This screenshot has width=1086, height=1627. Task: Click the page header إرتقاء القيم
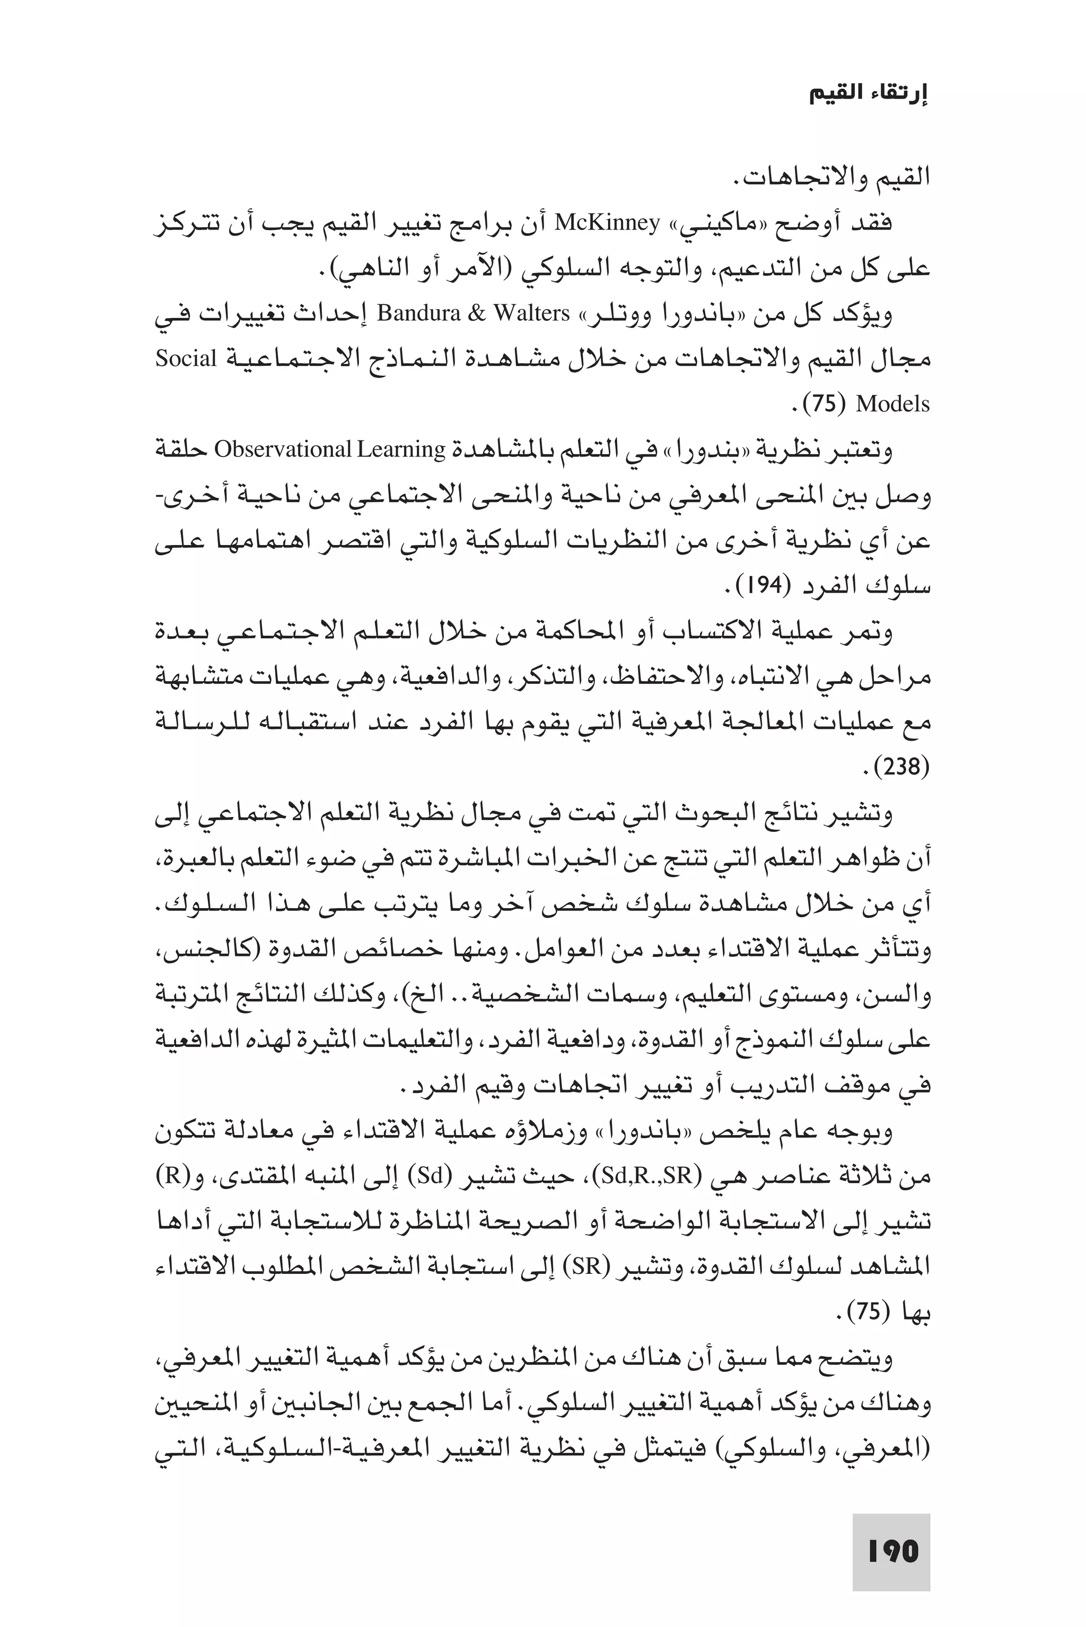[869, 95]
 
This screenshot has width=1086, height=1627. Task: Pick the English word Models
[892, 403]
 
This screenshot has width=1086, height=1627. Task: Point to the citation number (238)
[901, 767]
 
